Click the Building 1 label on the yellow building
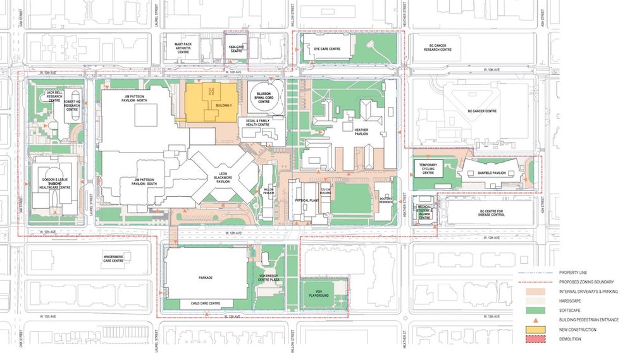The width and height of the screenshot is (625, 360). pos(223,105)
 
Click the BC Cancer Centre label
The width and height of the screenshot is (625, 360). pos(482,111)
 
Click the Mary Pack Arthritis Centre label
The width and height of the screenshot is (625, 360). pos(183,46)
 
